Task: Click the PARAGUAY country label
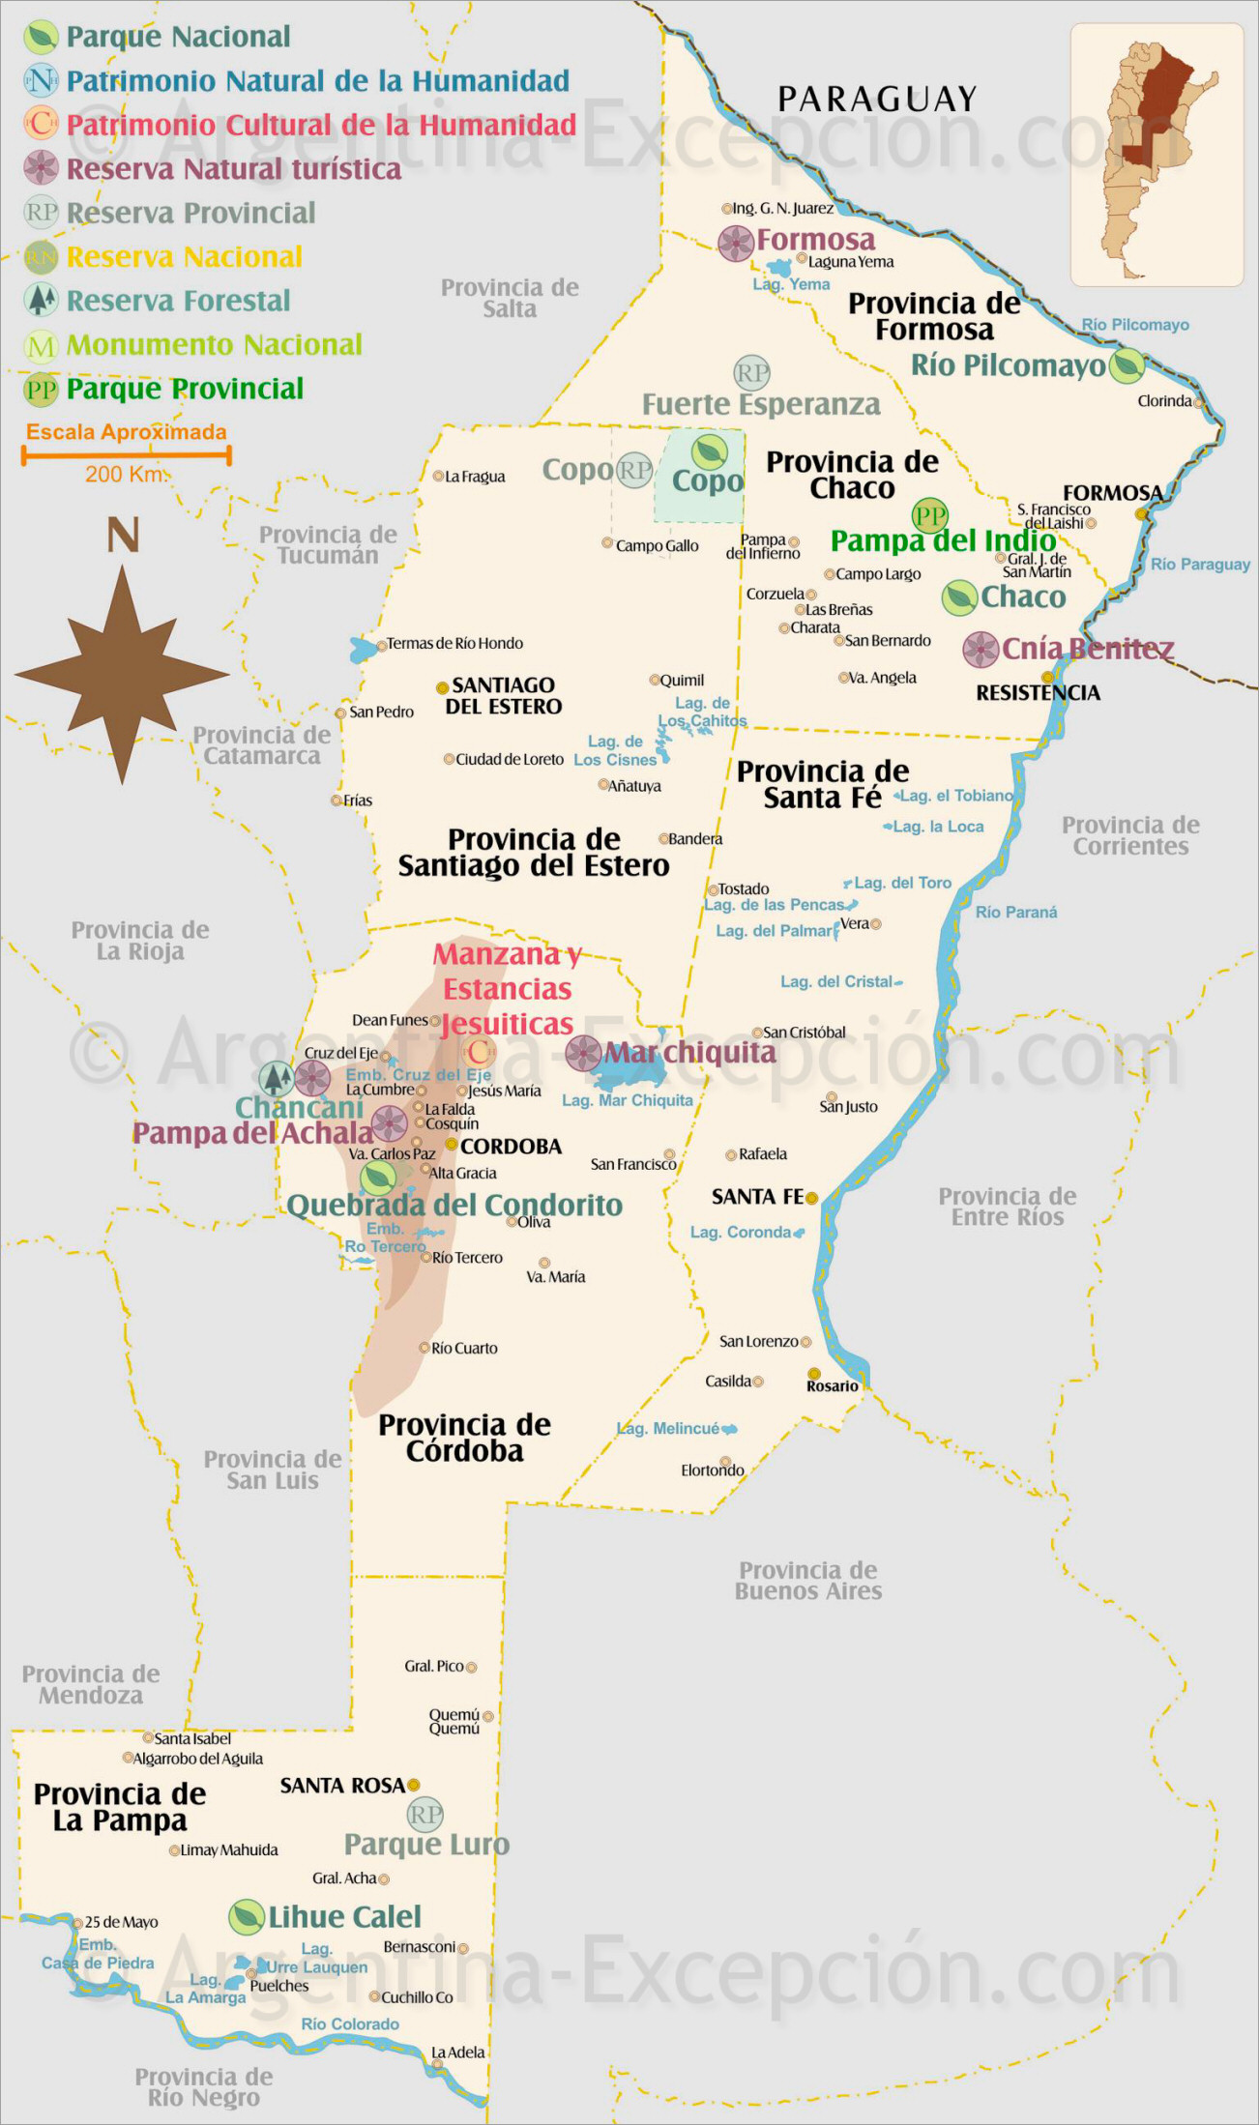pyautogui.click(x=877, y=99)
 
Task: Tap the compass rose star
pyautogui.click(x=123, y=675)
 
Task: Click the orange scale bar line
pyautogui.click(x=126, y=454)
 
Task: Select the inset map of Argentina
pyautogui.click(x=1157, y=155)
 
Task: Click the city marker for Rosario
pyautogui.click(x=814, y=1373)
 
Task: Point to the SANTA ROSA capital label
pyautogui.click(x=342, y=1785)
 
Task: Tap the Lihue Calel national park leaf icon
pyautogui.click(x=247, y=1916)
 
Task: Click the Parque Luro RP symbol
pyautogui.click(x=425, y=1815)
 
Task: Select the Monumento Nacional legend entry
pyautogui.click(x=214, y=344)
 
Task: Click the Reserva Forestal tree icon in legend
pyautogui.click(x=41, y=301)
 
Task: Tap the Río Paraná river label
pyautogui.click(x=1015, y=912)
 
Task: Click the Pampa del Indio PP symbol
pyautogui.click(x=929, y=515)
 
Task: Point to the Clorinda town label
pyautogui.click(x=1164, y=400)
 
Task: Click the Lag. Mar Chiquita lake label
pyautogui.click(x=628, y=1100)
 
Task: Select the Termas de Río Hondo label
pyautogui.click(x=454, y=643)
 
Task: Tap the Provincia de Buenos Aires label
pyautogui.click(x=807, y=1580)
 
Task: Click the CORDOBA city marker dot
pyautogui.click(x=451, y=1144)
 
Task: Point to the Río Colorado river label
pyautogui.click(x=350, y=2023)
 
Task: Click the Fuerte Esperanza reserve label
pyautogui.click(x=761, y=404)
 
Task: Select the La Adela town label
pyautogui.click(x=457, y=2052)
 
